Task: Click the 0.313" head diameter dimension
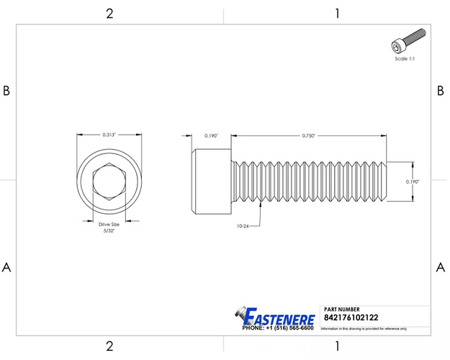109,135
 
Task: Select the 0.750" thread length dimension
308,135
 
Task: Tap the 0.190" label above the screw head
211,135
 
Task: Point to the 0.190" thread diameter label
413,181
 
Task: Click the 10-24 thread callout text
243,226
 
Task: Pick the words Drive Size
109,224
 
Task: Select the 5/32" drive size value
109,231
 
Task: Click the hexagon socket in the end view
109,181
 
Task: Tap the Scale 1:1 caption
405,58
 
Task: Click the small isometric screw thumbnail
408,40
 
